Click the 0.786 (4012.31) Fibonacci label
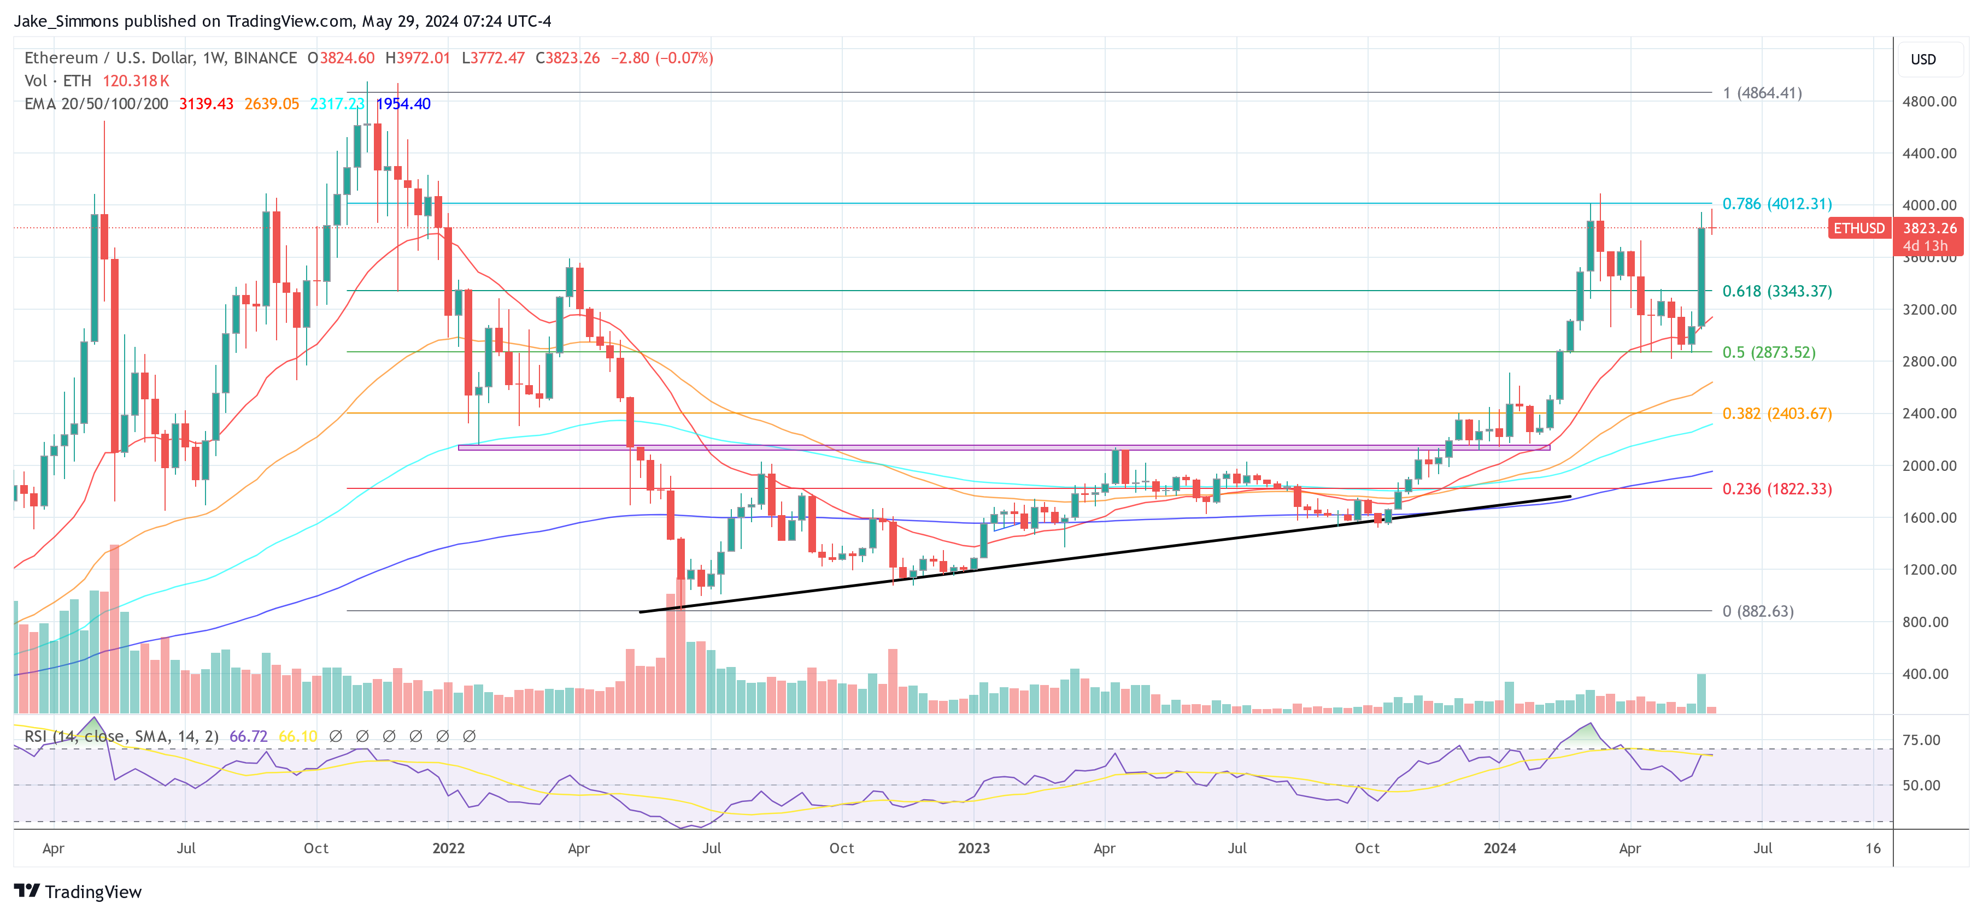[1777, 204]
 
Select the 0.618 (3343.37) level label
[1777, 291]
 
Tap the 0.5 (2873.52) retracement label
[1768, 352]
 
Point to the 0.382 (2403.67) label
[1777, 413]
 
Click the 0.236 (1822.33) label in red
[1777, 489]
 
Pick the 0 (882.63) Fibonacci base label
[1757, 611]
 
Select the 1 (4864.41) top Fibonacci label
[1762, 93]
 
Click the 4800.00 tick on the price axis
[1928, 102]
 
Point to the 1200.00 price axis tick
[1928, 569]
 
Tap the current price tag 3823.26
[1929, 228]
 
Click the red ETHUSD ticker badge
[1858, 228]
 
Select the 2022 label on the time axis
[448, 848]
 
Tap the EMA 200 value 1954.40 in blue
[403, 104]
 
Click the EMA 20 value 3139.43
[206, 104]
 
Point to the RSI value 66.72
[248, 736]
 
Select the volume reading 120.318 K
[136, 81]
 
